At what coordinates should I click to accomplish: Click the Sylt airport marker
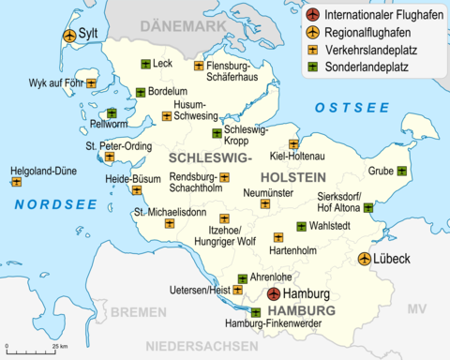coord(68,35)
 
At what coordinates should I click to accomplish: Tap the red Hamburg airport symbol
coord(273,293)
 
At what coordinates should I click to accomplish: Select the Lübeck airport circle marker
coord(364,258)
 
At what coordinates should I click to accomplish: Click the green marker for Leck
coord(145,64)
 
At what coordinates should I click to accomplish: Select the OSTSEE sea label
coord(344,109)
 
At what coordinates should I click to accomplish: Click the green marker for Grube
coord(401,171)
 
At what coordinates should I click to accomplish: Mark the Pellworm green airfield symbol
coord(112,113)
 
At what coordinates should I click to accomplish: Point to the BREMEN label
coord(139,311)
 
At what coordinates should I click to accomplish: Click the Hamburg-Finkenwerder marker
coord(256,312)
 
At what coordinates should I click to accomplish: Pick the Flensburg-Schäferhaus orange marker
coord(199,66)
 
